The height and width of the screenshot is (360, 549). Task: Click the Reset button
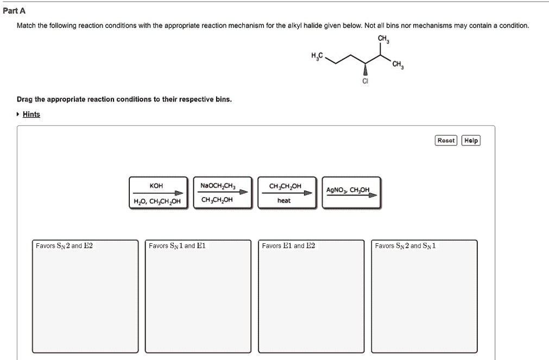coord(446,141)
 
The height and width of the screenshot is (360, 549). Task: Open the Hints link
coord(31,114)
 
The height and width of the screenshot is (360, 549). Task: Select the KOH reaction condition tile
coord(158,193)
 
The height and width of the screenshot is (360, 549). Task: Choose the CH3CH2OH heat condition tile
coord(285,193)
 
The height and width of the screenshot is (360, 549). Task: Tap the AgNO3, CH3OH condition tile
coord(351,193)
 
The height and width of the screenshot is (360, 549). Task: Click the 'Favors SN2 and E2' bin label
coord(64,246)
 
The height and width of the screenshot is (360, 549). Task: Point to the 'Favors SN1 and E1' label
coord(177,246)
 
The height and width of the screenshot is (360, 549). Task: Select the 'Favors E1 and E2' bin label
coord(288,246)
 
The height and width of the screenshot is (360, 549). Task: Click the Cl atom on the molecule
coord(365,81)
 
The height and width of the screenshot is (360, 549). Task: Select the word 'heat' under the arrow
coord(284,200)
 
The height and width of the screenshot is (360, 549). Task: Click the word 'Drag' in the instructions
coord(24,100)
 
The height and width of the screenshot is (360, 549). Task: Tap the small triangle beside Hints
coord(18,114)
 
